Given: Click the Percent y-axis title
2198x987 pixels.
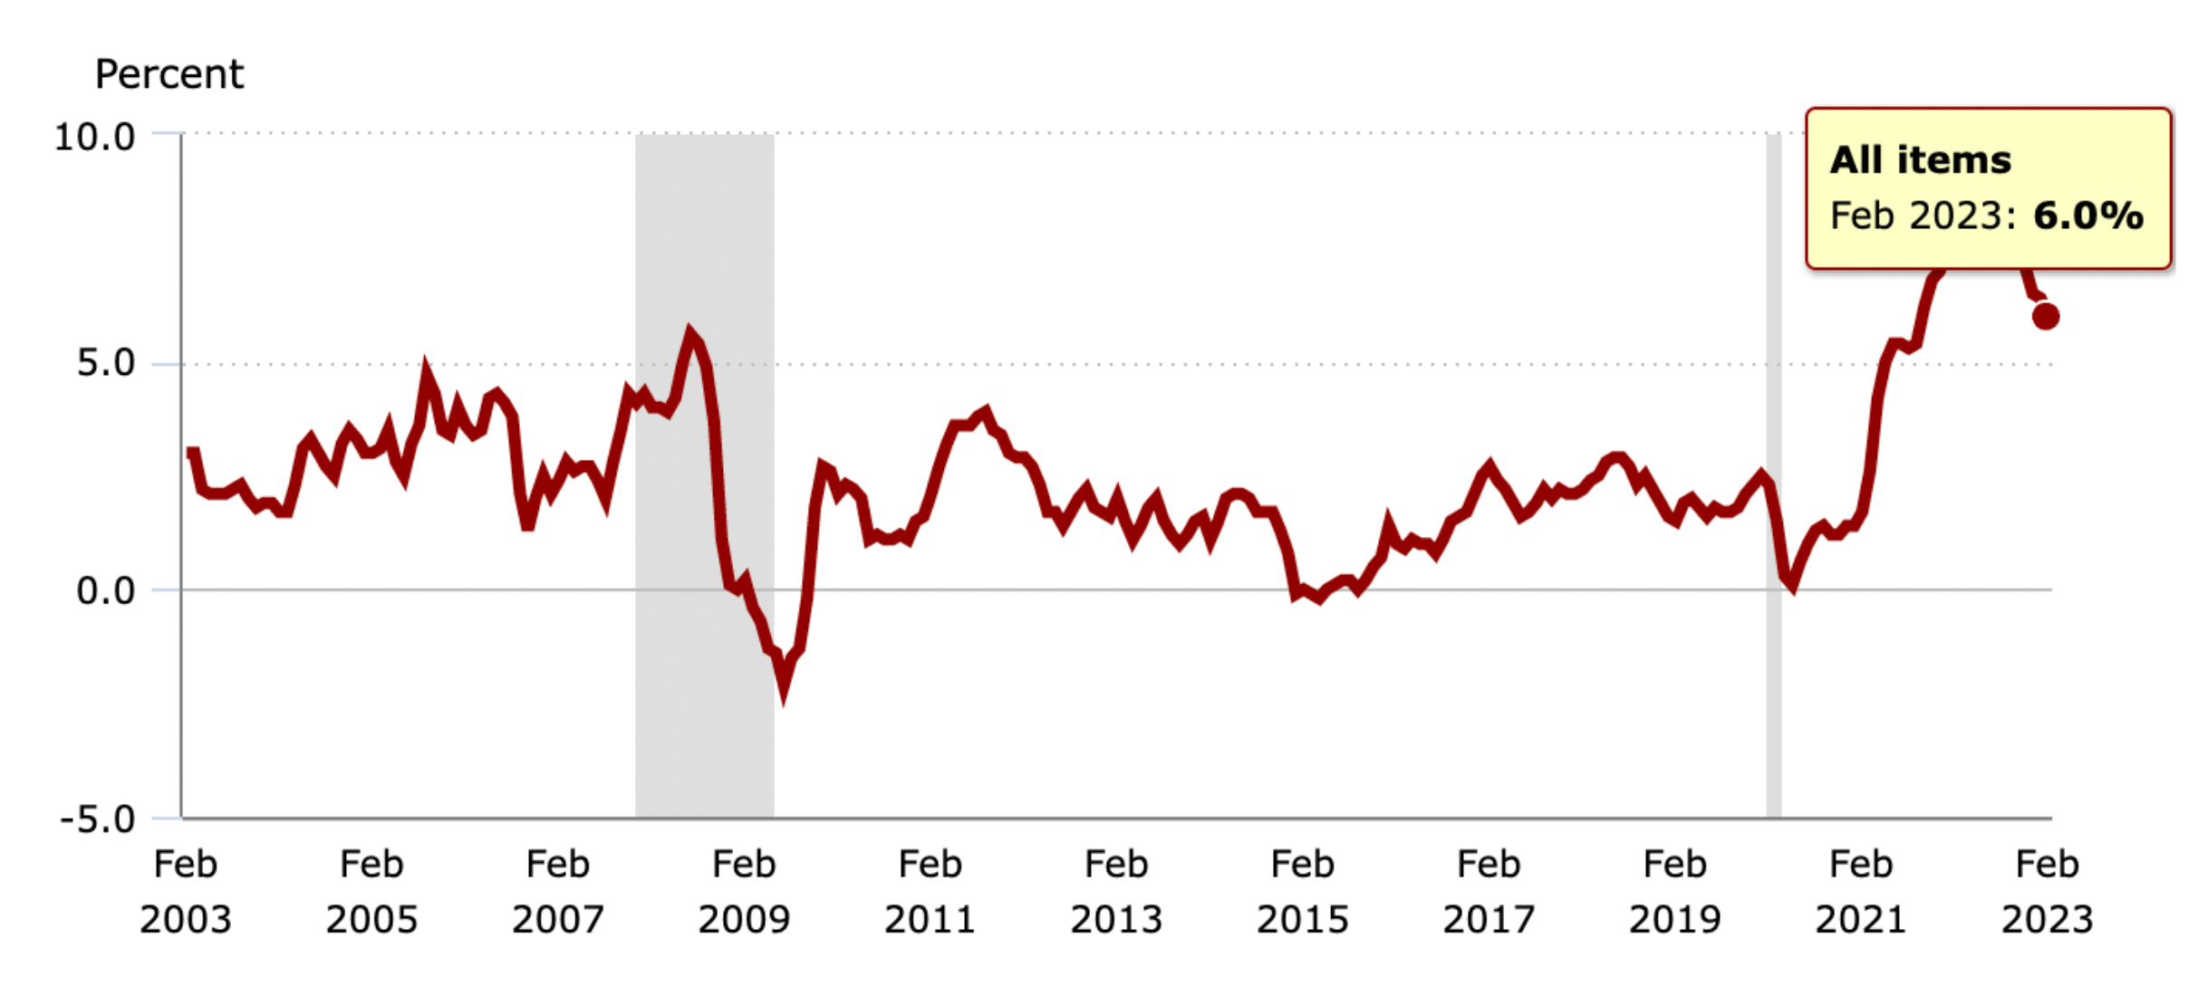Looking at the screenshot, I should click(169, 74).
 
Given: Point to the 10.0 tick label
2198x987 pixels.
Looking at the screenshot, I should click(94, 137).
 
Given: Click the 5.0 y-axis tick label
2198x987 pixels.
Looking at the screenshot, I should click(105, 363).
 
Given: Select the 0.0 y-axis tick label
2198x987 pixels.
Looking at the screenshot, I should click(105, 590).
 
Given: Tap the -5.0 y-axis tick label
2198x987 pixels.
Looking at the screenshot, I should click(97, 819).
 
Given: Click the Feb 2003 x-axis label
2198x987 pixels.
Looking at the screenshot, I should click(186, 892).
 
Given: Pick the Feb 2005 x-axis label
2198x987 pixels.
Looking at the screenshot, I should click(371, 892).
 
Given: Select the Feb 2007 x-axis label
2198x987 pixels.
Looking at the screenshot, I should click(558, 892).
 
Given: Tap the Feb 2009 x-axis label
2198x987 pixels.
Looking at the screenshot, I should click(744, 892).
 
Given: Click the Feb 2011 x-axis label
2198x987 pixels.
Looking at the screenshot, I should click(930, 892).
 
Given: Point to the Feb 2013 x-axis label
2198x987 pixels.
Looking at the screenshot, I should click(1116, 892).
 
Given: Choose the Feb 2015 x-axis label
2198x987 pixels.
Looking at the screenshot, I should click(1303, 892).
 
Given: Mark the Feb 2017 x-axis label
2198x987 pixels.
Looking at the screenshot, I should click(1489, 892).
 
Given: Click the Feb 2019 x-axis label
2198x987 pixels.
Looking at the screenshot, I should click(1675, 892).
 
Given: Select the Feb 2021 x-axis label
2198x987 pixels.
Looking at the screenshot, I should click(1861, 892).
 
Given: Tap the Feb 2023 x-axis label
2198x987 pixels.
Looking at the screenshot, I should click(2048, 892).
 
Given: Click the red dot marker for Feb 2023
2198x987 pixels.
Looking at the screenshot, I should click(2046, 316).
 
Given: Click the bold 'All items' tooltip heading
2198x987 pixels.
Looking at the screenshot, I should click(1921, 160).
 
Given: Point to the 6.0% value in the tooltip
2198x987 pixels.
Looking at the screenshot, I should click(2088, 216).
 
